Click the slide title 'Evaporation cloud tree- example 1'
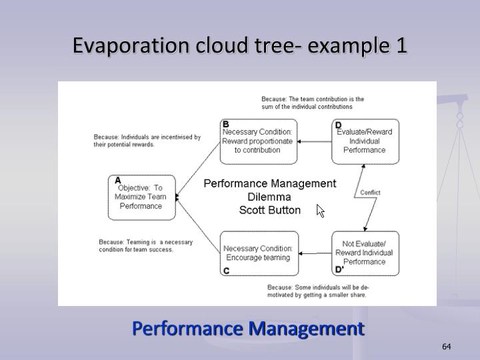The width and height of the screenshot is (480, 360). pos(239,46)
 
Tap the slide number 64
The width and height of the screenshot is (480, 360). pos(447,347)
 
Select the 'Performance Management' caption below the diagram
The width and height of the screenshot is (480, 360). pos(248,328)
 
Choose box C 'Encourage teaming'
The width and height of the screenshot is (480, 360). pos(259,253)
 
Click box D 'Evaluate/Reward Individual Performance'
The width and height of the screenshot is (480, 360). pos(365,141)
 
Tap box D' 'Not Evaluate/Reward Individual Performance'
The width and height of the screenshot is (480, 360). pos(365,253)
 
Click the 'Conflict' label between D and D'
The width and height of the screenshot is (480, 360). pos(370,193)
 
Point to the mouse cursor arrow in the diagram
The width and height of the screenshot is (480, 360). pos(320,211)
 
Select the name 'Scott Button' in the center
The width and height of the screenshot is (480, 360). pos(269,210)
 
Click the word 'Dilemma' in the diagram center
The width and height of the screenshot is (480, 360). pos(269,197)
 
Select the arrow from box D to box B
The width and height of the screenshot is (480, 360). pos(315,141)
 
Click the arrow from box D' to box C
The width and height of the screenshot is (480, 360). pos(315,253)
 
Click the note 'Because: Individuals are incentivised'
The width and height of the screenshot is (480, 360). pos(147,141)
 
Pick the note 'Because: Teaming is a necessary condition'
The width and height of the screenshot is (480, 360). pos(145,246)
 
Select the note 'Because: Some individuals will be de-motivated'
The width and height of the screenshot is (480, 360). pos(317,291)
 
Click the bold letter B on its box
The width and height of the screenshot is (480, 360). pos(225,124)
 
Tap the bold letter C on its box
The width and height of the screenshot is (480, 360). pos(226,271)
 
